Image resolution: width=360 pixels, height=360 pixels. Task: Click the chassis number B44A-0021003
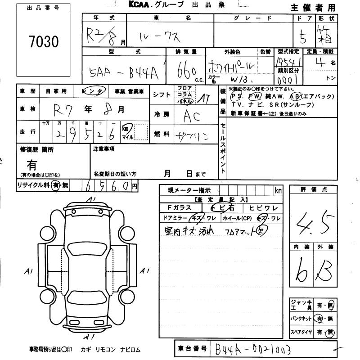[252, 349]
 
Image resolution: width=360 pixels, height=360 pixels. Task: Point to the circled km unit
[127, 128]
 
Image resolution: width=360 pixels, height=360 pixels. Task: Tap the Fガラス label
[179, 208]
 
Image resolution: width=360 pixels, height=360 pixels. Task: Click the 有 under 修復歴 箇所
[32, 165]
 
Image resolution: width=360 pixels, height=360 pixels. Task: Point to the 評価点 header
[312, 189]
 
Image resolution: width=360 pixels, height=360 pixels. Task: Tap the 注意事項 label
[104, 148]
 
